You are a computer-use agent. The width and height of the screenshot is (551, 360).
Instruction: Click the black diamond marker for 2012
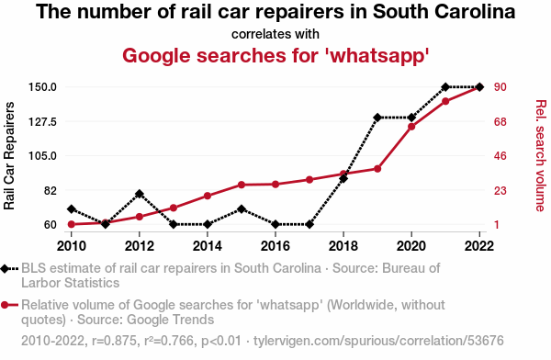point(140,194)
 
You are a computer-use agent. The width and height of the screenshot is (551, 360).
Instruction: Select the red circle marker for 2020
point(411,127)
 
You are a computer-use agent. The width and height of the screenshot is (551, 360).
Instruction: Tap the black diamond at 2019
point(377,118)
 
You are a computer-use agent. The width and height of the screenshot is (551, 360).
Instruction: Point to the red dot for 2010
point(72,224)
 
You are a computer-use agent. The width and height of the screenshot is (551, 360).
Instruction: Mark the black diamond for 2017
point(309,224)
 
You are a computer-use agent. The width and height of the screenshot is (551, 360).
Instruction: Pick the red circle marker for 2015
point(242,185)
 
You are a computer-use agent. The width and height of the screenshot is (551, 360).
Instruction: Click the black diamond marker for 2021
point(445,87)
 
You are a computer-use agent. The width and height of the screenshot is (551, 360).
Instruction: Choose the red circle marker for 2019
point(377,169)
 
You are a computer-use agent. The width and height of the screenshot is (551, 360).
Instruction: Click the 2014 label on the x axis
point(208,246)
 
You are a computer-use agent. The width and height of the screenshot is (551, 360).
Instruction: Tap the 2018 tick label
point(343,246)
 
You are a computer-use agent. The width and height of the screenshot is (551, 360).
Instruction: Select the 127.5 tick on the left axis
point(42,122)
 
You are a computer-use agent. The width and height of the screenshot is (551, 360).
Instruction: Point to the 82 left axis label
point(51,191)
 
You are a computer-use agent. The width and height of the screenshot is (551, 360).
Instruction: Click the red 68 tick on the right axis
point(500,122)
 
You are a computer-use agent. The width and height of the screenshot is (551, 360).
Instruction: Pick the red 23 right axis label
point(500,191)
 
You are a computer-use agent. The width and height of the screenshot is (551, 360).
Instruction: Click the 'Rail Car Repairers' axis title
point(9,156)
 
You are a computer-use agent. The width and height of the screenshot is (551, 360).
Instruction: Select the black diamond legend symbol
point(5,269)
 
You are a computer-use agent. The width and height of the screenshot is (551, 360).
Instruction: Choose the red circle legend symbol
point(5,305)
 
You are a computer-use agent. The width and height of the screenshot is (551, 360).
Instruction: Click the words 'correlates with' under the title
point(275,34)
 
